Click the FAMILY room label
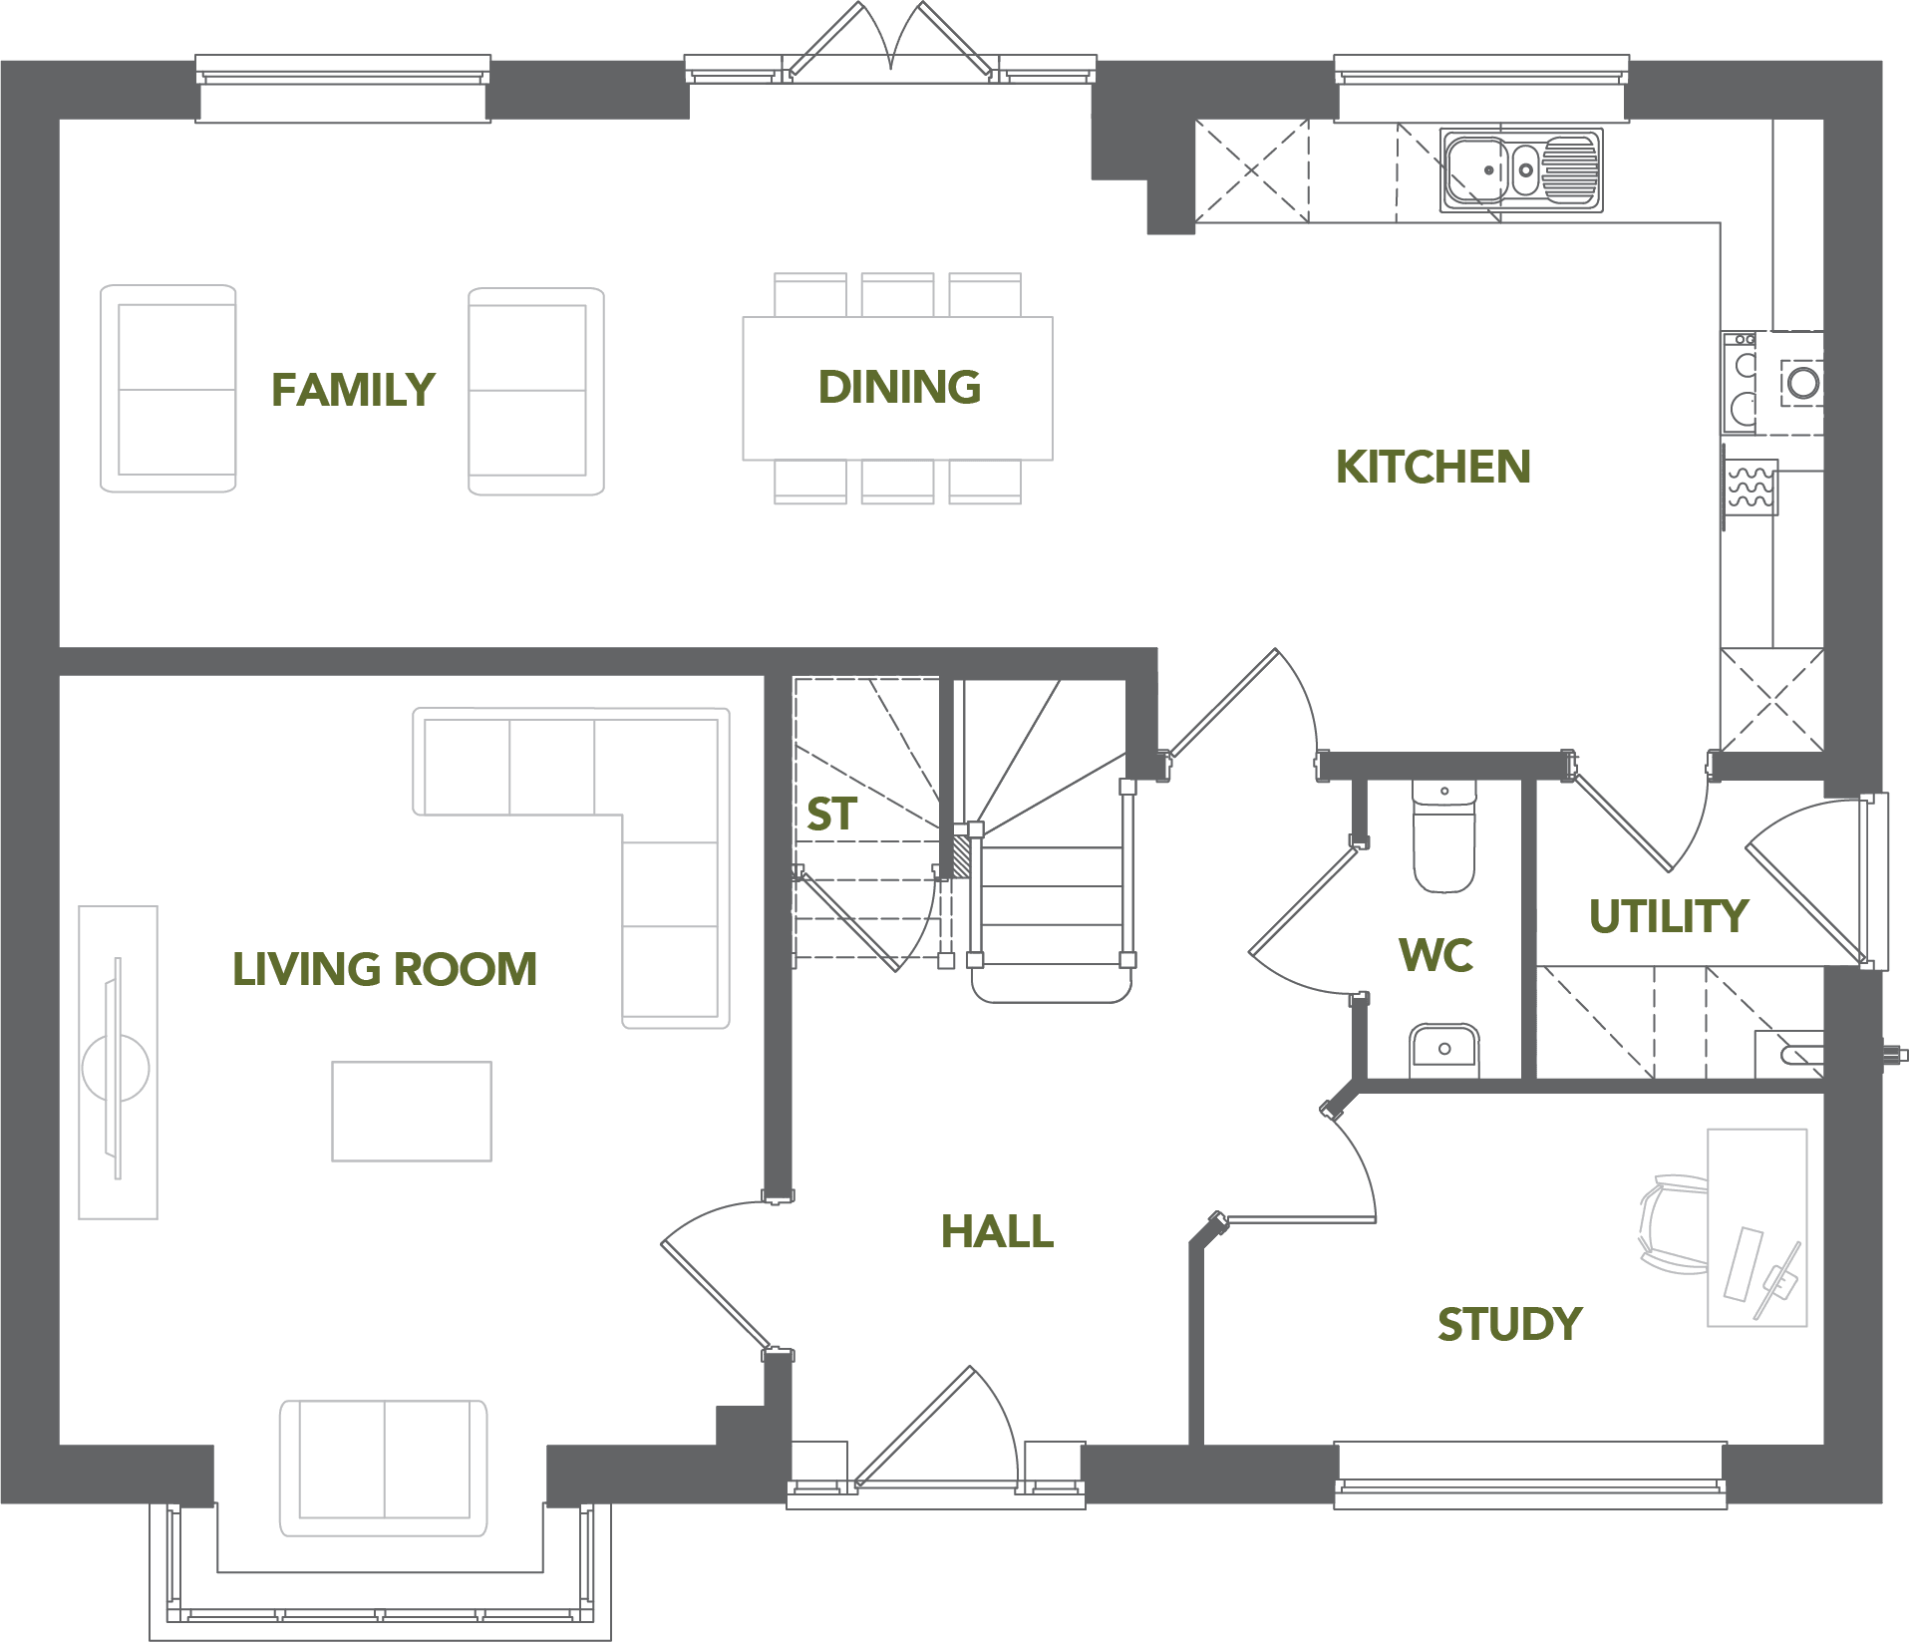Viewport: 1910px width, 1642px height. [x=353, y=389]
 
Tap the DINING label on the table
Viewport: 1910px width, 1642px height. [x=899, y=387]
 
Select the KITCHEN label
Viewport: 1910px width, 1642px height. [x=1432, y=467]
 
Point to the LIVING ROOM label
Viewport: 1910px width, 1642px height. [x=385, y=969]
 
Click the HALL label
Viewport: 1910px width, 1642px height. [x=997, y=1231]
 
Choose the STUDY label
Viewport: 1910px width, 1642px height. [x=1509, y=1324]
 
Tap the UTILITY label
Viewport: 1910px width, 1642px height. [x=1668, y=916]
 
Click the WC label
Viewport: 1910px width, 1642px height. [x=1435, y=955]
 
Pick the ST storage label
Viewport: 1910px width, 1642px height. [x=831, y=815]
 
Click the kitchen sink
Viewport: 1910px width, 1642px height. [x=1521, y=169]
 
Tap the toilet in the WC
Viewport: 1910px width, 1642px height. [x=1443, y=835]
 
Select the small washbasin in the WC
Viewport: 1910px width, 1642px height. [x=1443, y=1050]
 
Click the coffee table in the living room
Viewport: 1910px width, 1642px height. [x=412, y=1111]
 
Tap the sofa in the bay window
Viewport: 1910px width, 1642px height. [x=384, y=1468]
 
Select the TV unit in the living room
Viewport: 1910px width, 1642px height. [x=118, y=1063]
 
